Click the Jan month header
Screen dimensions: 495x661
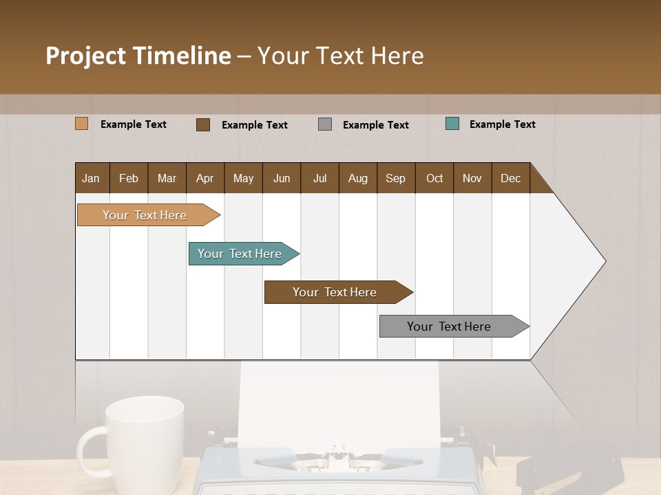[x=91, y=178]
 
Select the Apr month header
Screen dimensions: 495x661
[x=204, y=178]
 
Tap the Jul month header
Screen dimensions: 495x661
[x=319, y=178]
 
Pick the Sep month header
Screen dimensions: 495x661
[x=395, y=178]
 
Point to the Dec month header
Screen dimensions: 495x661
[x=510, y=178]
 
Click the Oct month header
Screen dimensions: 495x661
[x=434, y=178]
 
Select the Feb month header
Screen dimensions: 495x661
[x=129, y=178]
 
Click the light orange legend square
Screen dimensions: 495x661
[x=81, y=124]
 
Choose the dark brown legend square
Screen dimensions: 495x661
[x=203, y=124]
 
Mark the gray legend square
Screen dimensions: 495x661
[x=325, y=124]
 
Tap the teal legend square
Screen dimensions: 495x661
[x=452, y=124]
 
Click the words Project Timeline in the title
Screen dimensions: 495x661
[x=138, y=55]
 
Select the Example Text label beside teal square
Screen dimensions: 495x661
[x=502, y=124]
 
